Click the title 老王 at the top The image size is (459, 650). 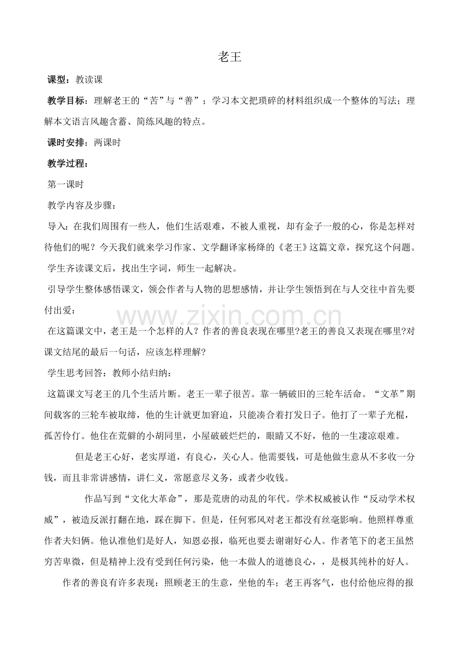229,57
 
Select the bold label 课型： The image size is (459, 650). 60,79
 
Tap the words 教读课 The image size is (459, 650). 89,79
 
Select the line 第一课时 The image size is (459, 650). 65,184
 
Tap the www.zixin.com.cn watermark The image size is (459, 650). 229,318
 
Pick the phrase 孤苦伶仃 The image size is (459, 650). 62,435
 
